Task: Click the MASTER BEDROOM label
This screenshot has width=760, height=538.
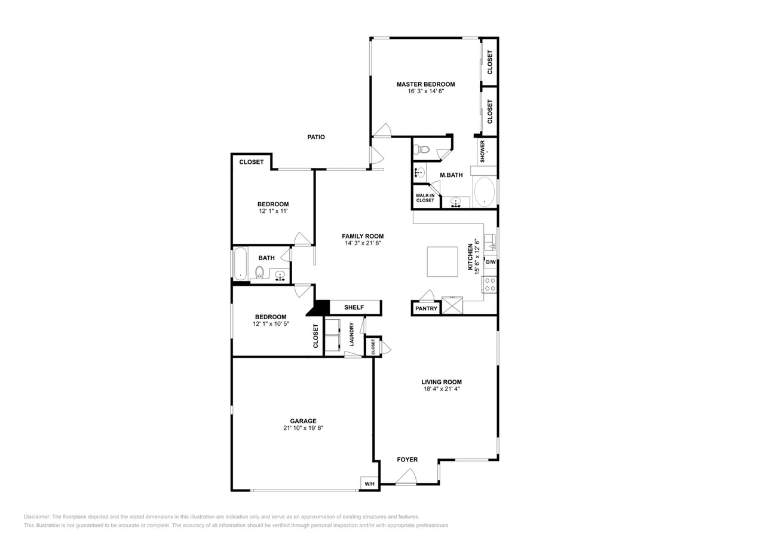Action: (x=425, y=84)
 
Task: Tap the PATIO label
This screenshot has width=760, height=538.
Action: (x=316, y=137)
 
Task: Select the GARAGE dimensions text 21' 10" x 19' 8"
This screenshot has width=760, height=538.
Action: (x=303, y=428)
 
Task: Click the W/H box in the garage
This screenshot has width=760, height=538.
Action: (x=369, y=484)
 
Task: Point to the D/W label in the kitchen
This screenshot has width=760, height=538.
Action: (x=490, y=262)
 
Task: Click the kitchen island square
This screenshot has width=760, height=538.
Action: (x=442, y=262)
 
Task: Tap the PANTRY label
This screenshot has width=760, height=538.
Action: (x=426, y=308)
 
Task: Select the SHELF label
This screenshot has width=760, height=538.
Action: (x=354, y=307)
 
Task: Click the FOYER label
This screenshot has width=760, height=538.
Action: (x=407, y=460)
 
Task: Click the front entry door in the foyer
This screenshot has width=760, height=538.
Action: (x=406, y=478)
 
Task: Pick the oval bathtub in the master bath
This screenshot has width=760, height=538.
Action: (x=484, y=192)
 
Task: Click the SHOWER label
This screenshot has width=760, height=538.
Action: (x=483, y=151)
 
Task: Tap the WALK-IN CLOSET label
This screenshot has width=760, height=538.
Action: (x=425, y=198)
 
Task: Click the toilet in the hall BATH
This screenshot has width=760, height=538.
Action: (x=259, y=273)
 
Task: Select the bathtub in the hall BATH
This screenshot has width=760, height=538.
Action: (x=240, y=264)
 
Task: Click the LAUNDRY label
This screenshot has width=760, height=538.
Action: (x=352, y=334)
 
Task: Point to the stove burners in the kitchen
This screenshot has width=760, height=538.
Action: (x=489, y=285)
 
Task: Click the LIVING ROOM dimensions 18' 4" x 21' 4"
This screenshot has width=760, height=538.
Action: (x=441, y=389)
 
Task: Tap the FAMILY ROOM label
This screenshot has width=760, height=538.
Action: (x=363, y=236)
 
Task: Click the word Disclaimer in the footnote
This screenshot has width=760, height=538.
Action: (x=37, y=516)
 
